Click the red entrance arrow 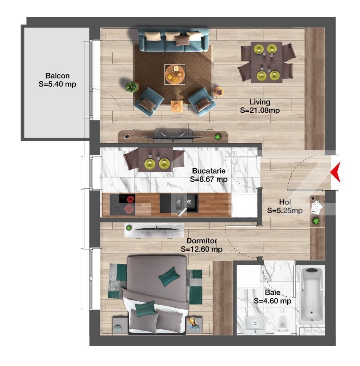coord(336,172)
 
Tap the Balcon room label coord(57,80)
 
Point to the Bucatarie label coord(209,175)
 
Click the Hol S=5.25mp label coord(284,206)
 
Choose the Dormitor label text coord(202,245)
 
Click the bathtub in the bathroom coord(312,294)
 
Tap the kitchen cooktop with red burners coord(122,204)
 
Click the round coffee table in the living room coord(175,74)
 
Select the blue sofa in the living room coord(173,40)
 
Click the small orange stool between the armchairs coord(177,106)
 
